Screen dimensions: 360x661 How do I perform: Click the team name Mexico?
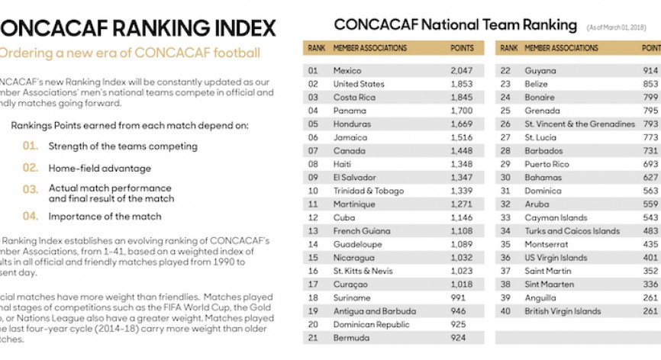pyautogui.click(x=347, y=71)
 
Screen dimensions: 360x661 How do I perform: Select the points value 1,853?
pyautogui.click(x=462, y=84)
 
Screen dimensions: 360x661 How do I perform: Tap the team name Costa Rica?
pyautogui.click(x=354, y=98)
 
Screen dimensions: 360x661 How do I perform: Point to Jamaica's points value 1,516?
pyautogui.click(x=462, y=137)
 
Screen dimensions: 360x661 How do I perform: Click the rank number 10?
pyautogui.click(x=313, y=191)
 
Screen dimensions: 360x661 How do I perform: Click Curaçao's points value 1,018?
pyautogui.click(x=462, y=284)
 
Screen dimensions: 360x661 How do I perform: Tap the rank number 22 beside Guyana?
pyautogui.click(x=505, y=71)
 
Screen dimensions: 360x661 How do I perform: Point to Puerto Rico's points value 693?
pyautogui.click(x=650, y=164)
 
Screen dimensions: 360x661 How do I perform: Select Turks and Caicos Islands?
pyautogui.click(x=572, y=231)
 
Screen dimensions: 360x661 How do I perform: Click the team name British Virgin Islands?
pyautogui.click(x=563, y=311)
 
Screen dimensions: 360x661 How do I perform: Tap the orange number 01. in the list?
pyautogui.click(x=30, y=146)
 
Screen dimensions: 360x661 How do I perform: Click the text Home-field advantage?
pyautogui.click(x=99, y=169)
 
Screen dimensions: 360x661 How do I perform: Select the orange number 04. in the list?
pyautogui.click(x=30, y=217)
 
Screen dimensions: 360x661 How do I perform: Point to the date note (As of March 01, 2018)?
pyautogui.click(x=616, y=27)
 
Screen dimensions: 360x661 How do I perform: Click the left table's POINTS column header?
pyautogui.click(x=462, y=48)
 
